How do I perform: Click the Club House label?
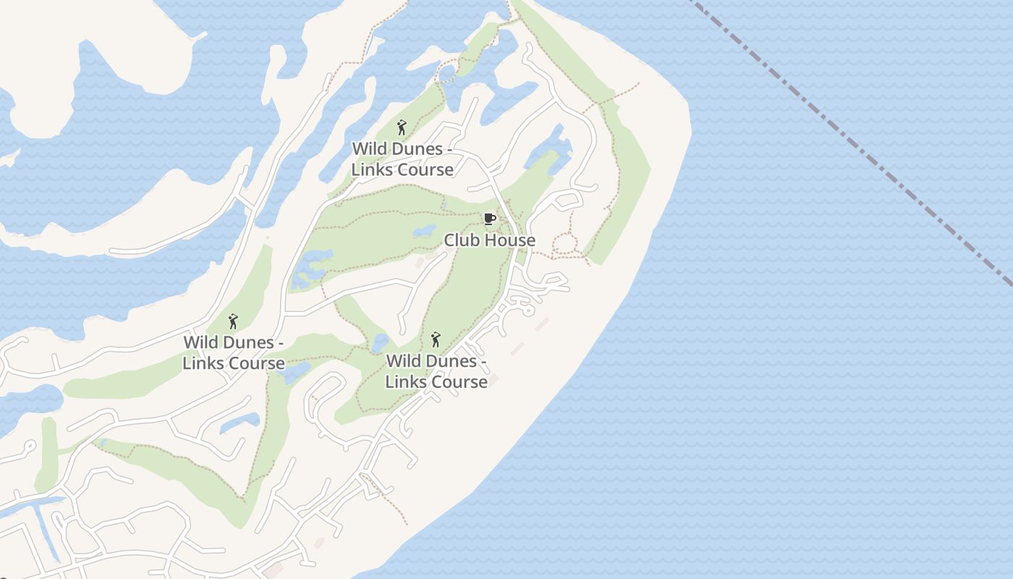pyautogui.click(x=490, y=240)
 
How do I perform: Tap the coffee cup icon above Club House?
pyautogui.click(x=489, y=219)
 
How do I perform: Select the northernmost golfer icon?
pyautogui.click(x=402, y=128)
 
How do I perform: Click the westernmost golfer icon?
pyautogui.click(x=233, y=321)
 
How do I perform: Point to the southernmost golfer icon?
pyautogui.click(x=436, y=339)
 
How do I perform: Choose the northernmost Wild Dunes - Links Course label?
pyautogui.click(x=402, y=159)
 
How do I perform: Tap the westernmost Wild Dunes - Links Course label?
pyautogui.click(x=233, y=352)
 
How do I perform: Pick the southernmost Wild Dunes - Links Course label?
pyautogui.click(x=436, y=371)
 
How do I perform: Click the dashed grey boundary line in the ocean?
pyautogui.click(x=854, y=145)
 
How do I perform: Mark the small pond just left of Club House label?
pyautogui.click(x=424, y=232)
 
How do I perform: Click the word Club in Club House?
pyautogui.click(x=460, y=240)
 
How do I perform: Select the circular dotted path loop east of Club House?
pyautogui.click(x=565, y=244)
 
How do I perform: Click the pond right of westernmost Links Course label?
pyautogui.click(x=294, y=373)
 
